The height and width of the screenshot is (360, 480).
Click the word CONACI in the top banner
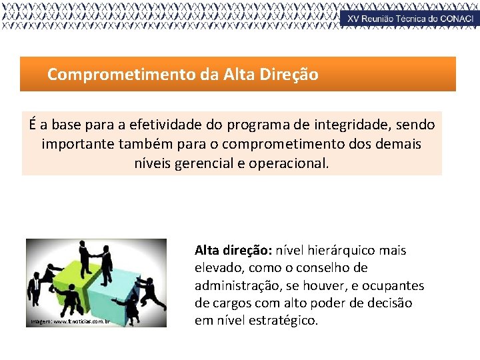coord(456,19)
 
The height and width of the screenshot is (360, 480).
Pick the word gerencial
coord(203,163)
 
